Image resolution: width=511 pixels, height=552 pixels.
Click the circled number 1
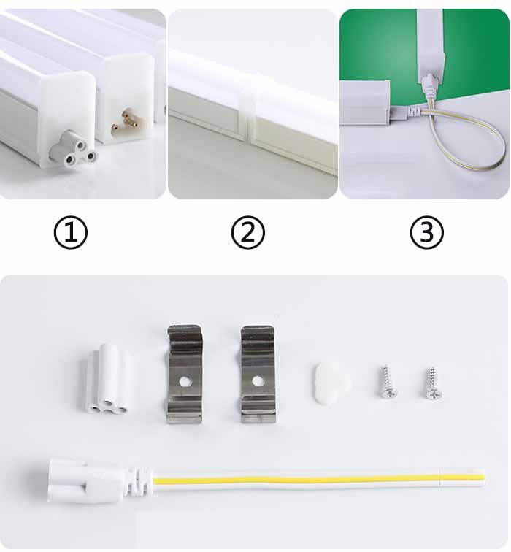click(x=71, y=233)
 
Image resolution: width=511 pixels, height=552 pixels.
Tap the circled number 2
click(x=247, y=233)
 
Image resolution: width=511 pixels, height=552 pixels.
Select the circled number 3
click(x=426, y=233)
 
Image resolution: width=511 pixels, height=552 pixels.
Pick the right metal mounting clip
click(x=258, y=374)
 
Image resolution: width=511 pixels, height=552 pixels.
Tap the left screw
click(x=388, y=383)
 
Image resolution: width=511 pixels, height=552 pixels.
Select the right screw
click(x=434, y=383)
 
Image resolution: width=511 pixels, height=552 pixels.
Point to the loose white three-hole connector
click(x=107, y=380)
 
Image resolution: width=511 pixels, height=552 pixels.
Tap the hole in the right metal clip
click(x=258, y=380)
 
